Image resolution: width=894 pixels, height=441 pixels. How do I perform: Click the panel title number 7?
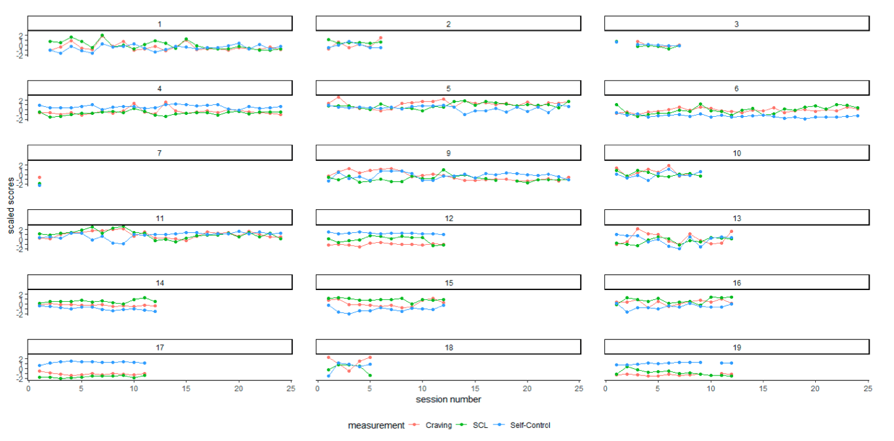[160, 153]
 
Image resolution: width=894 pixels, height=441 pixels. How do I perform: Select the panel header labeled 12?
[448, 217]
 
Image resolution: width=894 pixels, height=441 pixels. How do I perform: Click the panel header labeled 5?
[448, 89]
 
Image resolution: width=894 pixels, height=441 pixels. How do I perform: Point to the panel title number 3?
[736, 24]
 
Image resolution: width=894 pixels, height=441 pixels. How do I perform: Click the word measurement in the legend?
[376, 425]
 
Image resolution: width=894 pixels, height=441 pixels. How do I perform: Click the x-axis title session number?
[448, 400]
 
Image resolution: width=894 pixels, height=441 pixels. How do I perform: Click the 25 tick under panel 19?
[868, 388]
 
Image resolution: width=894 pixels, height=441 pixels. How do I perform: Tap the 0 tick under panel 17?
[28, 388]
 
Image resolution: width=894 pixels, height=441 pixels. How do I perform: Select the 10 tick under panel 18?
[422, 388]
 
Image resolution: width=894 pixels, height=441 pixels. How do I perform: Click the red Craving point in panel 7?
[39, 177]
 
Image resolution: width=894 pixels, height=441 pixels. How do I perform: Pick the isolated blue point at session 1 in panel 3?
[616, 41]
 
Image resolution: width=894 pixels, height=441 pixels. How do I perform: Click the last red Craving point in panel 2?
[380, 38]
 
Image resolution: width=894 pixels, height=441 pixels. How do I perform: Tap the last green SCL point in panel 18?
[370, 375]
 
